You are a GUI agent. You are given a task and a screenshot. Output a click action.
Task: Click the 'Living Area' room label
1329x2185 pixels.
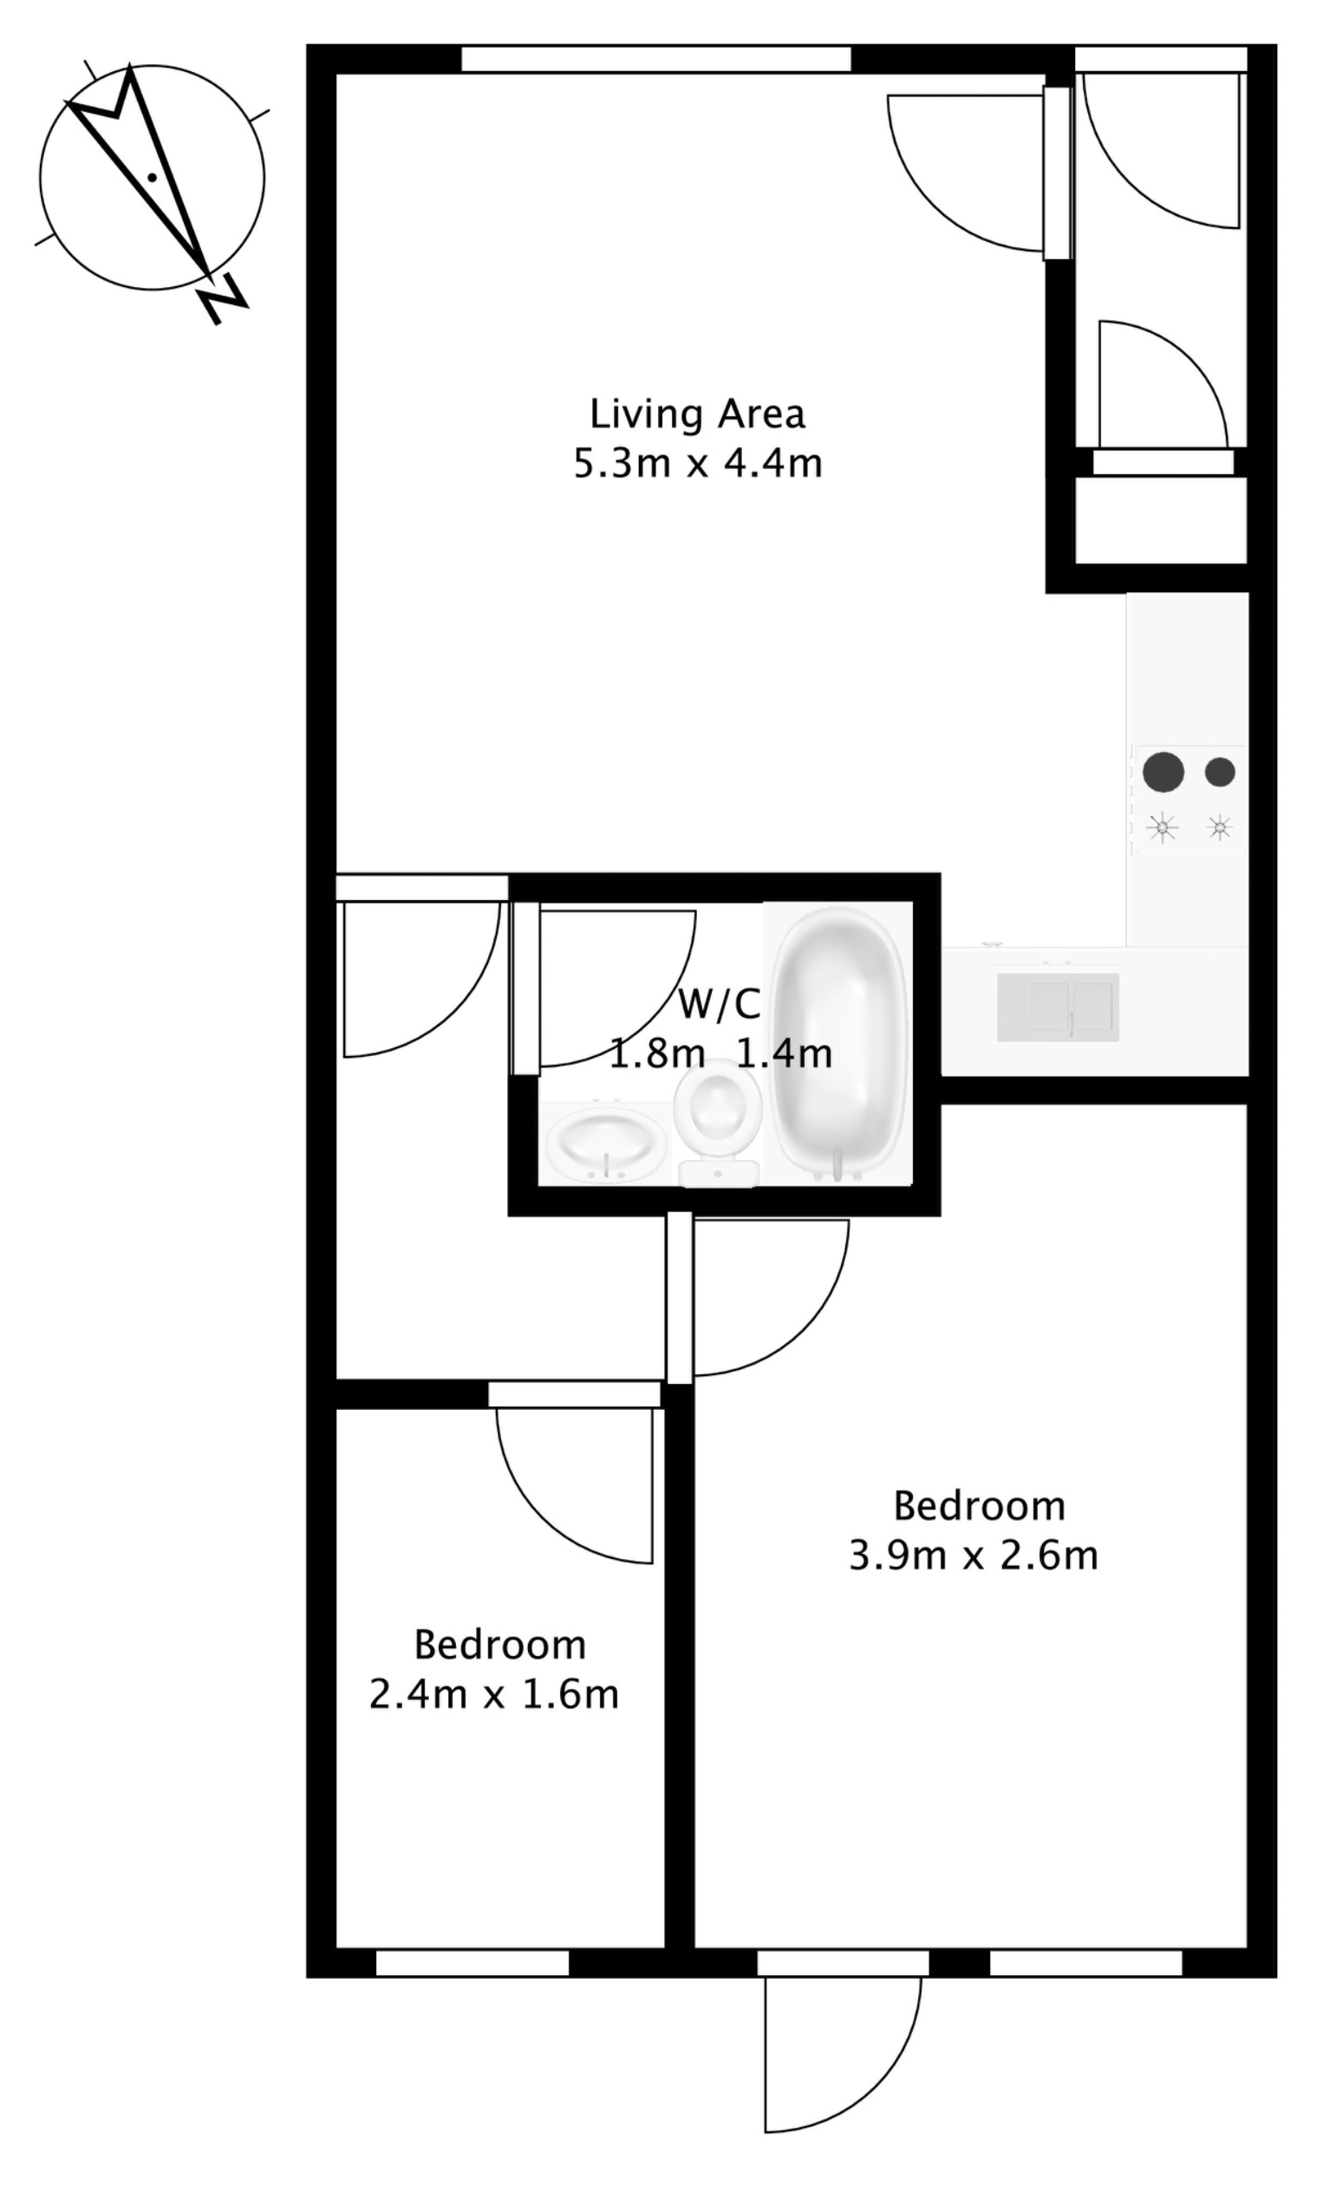tap(697, 414)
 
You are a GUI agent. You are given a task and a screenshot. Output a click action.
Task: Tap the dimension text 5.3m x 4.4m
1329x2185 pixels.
tap(697, 464)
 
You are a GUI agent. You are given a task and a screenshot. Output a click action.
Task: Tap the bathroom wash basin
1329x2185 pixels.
tap(604, 1144)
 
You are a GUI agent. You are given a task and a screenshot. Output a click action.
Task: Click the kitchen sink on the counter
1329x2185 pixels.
tap(1058, 1007)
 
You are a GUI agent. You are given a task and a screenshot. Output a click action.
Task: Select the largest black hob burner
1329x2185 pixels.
tap(1163, 772)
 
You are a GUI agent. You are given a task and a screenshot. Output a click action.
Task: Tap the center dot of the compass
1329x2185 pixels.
tap(153, 178)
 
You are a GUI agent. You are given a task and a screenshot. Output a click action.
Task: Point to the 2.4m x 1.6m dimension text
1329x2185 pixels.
tap(493, 1694)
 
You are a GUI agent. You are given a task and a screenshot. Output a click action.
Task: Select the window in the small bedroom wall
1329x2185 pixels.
tap(472, 1963)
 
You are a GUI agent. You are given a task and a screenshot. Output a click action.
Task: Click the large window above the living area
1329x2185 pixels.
tap(656, 59)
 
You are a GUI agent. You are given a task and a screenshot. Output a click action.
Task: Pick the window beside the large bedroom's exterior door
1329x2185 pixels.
tap(1085, 1963)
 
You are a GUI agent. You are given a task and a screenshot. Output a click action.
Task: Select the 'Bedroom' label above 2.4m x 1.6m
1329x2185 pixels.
tap(499, 1645)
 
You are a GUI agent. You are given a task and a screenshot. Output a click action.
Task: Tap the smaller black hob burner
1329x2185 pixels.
tap(1220, 772)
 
